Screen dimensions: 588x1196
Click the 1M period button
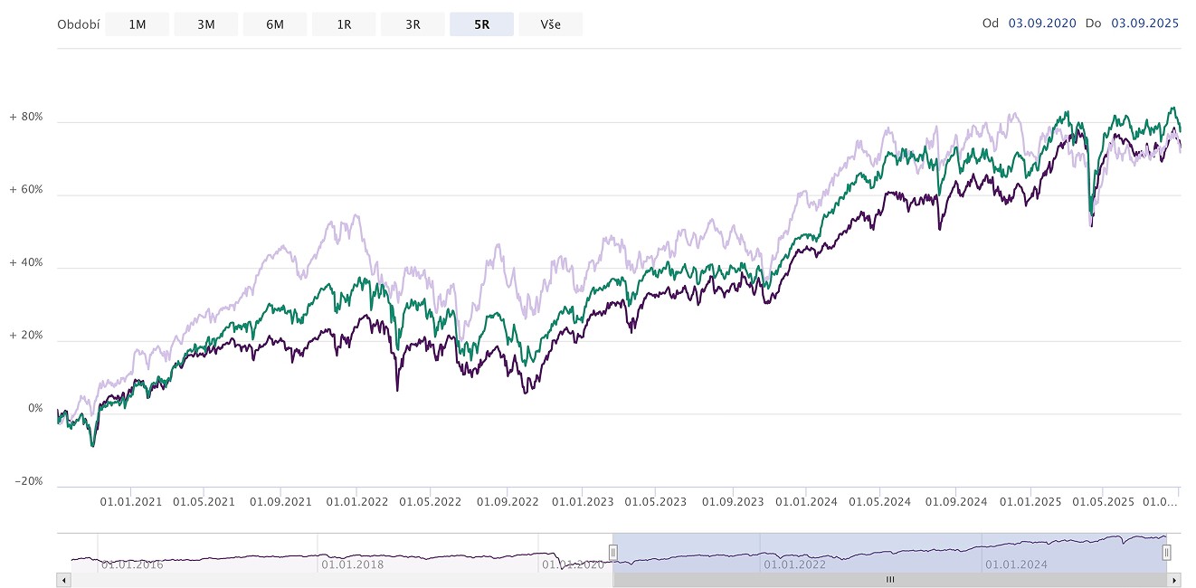pos(138,24)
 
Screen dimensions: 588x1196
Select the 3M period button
pos(206,24)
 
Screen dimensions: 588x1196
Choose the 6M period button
pos(275,24)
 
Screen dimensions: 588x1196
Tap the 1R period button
pos(344,24)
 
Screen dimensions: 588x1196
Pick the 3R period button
pos(413,24)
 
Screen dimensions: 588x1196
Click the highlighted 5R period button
pos(481,24)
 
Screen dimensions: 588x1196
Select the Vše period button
pos(550,24)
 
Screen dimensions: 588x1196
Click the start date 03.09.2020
pos(1042,24)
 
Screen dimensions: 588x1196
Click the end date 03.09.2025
pos(1144,24)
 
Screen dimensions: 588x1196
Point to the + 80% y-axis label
pos(26,117)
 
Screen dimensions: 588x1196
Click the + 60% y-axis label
pos(26,190)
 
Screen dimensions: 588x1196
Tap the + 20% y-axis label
pos(26,336)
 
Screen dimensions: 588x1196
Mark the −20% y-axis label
pos(29,481)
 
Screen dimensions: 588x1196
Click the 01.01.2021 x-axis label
pos(131,502)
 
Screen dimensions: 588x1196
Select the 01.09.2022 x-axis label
pos(508,502)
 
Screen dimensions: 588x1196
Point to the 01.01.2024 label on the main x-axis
pos(806,502)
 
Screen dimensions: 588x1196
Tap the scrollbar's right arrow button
pos(1174,580)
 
